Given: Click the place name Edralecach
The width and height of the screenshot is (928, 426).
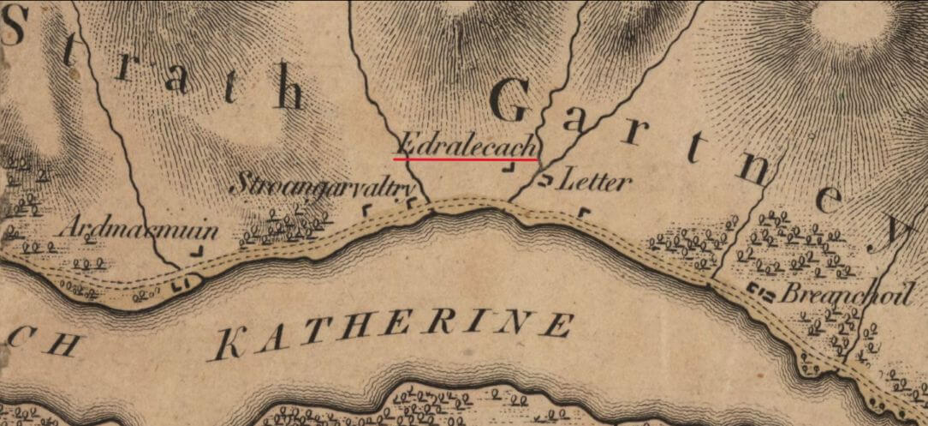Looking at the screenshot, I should (x=467, y=143).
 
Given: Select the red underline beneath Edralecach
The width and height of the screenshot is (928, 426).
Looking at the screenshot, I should (x=466, y=159).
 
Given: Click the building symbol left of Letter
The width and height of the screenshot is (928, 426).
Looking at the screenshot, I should (x=544, y=180).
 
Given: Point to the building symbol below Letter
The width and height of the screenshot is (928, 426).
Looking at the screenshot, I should (x=585, y=212).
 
